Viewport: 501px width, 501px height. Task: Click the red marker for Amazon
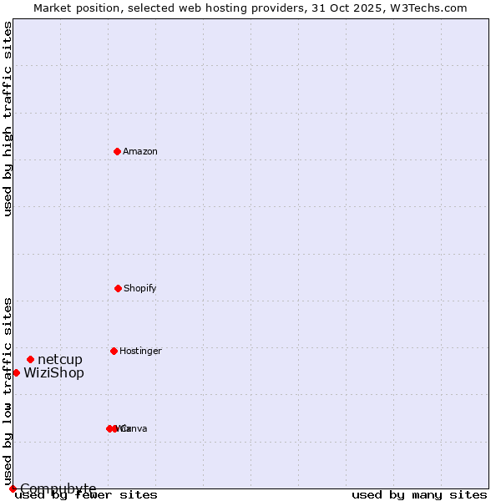coord(117,151)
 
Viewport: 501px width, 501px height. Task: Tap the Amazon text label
coord(140,152)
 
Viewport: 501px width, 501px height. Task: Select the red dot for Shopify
coord(118,288)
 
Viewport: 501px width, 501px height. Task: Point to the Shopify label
coord(140,289)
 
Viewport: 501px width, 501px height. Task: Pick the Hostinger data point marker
coord(114,351)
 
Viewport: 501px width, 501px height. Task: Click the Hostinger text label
coord(140,352)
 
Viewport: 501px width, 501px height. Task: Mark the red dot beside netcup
coord(30,359)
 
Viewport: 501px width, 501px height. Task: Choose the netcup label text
coord(60,360)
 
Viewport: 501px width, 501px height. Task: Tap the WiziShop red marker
coord(16,372)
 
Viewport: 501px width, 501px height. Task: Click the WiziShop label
coord(53,373)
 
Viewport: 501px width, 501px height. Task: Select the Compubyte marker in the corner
coord(13,488)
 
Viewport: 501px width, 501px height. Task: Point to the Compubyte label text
coord(58,488)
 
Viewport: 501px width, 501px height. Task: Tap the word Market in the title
coord(53,8)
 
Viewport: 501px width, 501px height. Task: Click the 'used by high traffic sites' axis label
coord(8,119)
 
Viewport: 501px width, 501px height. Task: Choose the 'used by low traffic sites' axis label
coord(8,391)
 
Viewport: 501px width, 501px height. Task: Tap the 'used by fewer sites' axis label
coord(86,495)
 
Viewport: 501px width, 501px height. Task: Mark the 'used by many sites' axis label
coord(419,495)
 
